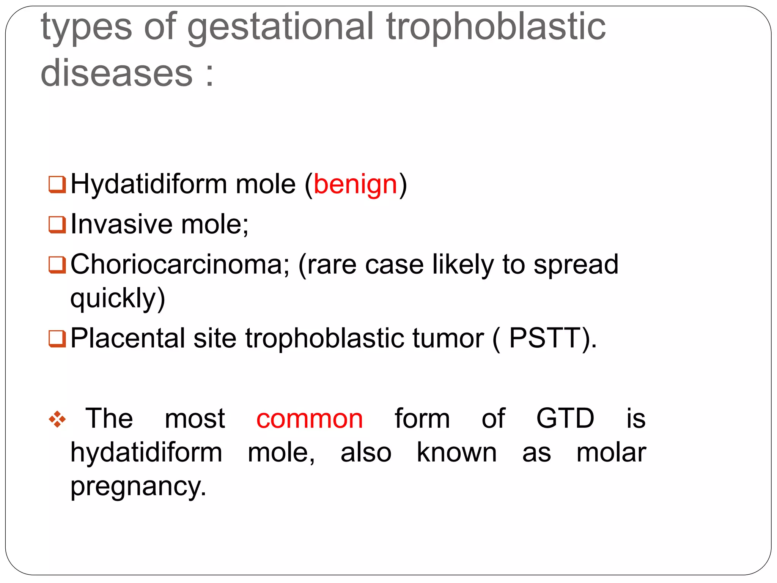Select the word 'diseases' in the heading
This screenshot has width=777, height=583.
[117, 73]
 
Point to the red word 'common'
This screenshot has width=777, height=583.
[310, 419]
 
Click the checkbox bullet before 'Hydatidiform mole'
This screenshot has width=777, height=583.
[57, 184]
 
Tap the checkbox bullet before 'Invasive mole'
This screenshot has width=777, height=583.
[57, 224]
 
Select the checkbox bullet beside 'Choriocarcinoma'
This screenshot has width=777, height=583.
[57, 265]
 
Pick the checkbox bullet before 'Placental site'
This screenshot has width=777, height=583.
[57, 338]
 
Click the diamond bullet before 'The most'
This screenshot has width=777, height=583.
[57, 419]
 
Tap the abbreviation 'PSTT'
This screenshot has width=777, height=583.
[545, 338]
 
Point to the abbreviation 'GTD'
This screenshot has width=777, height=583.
[565, 418]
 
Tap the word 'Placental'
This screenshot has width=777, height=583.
[128, 338]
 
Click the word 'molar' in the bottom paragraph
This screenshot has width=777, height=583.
[611, 452]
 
